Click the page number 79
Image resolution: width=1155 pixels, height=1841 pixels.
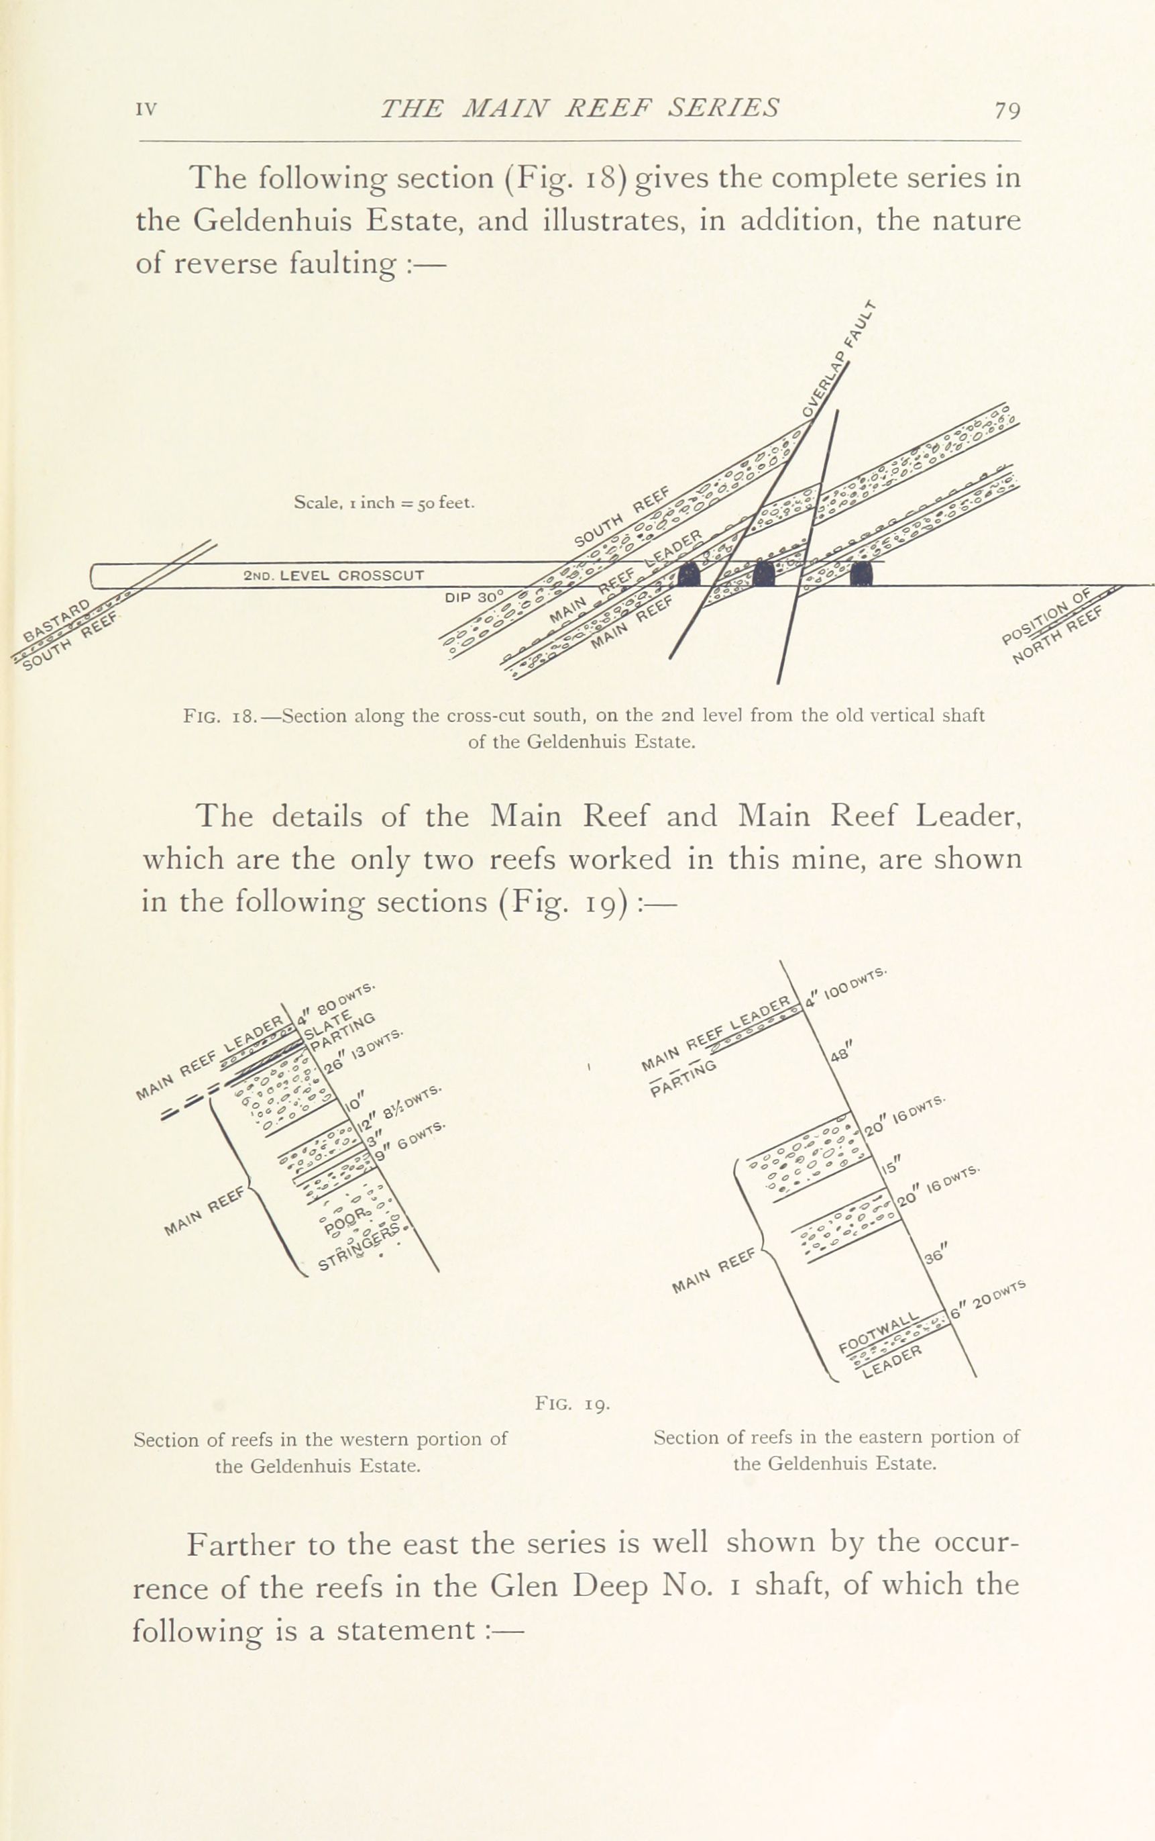[x=1007, y=111]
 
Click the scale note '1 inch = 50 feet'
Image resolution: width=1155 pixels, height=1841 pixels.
[x=384, y=503]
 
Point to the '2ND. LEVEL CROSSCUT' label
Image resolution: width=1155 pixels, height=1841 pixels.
[x=333, y=575]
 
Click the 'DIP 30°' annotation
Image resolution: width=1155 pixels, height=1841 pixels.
[x=474, y=596]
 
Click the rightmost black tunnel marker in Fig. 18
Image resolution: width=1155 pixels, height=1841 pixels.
[x=863, y=573]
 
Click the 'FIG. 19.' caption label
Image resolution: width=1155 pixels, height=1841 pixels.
[x=573, y=1404]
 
